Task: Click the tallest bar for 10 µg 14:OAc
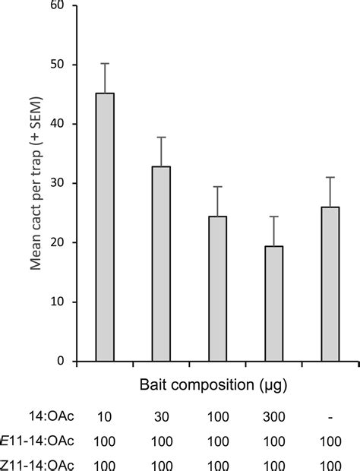(105, 227)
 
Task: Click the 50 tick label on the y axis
(60, 65)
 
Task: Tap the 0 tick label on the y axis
(63, 362)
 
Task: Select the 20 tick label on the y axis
(60, 243)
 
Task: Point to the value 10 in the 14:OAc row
(105, 417)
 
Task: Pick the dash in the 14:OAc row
(330, 417)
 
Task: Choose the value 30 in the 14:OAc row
(161, 417)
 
